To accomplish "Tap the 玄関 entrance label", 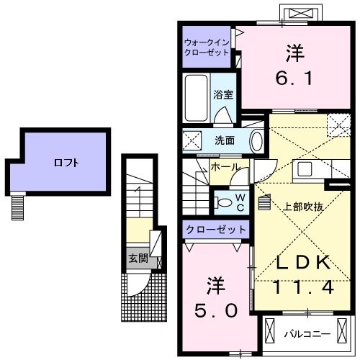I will (138, 258).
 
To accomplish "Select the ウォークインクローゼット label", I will (206, 48).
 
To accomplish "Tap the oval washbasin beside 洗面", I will (256, 140).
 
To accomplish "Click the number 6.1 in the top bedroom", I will (294, 68).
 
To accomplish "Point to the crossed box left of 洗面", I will (192, 140).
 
